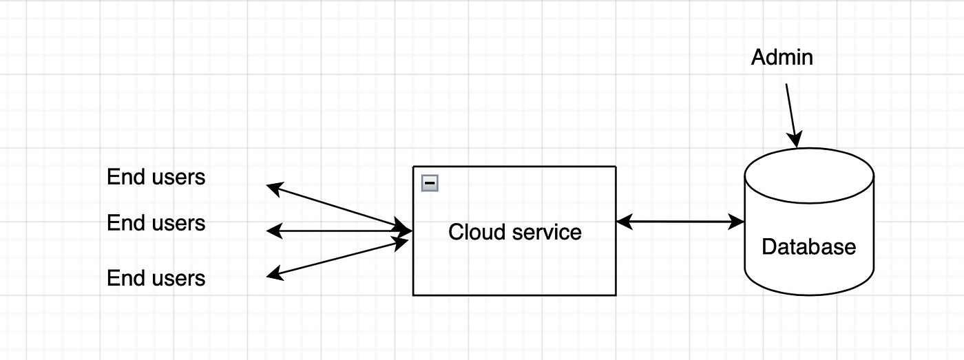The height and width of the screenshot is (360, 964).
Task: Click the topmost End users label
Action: (156, 177)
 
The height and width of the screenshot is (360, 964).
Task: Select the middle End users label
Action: (156, 223)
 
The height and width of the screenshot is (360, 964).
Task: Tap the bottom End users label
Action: (156, 278)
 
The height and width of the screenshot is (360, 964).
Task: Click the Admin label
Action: (782, 57)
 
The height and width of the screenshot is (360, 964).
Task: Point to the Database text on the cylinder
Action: (808, 246)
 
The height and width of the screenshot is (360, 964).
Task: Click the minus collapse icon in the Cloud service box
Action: (430, 183)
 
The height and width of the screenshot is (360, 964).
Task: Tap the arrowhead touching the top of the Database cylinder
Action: (797, 141)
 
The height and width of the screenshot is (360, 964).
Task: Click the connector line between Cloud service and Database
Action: (680, 222)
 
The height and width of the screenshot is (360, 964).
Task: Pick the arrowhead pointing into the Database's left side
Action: (737, 222)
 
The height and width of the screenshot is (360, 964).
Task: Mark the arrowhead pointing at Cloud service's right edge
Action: (624, 222)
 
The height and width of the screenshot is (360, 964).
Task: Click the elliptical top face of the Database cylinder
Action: (809, 176)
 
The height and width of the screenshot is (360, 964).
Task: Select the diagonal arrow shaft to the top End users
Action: (337, 207)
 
